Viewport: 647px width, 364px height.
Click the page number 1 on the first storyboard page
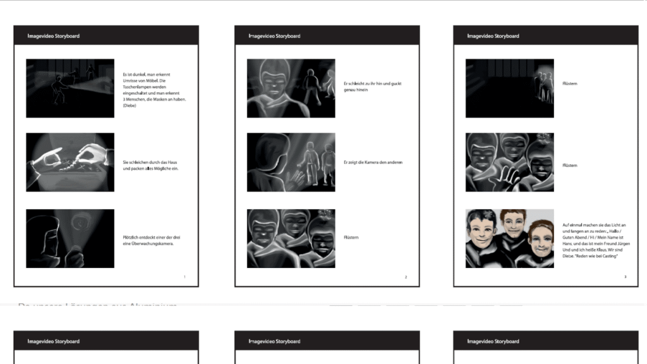point(184,277)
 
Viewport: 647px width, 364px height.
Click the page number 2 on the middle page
point(406,277)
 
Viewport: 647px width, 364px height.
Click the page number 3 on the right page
point(625,277)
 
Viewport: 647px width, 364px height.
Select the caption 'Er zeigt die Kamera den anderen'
point(373,162)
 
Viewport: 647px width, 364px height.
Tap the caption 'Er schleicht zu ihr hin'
point(373,84)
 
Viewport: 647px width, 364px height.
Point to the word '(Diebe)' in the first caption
point(130,106)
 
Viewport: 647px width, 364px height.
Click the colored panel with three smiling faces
point(509,238)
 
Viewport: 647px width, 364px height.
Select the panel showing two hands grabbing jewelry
point(70,162)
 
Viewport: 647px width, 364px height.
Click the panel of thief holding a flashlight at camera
point(70,238)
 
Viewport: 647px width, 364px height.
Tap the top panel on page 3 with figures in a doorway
point(509,88)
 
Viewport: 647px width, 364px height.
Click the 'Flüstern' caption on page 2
point(351,238)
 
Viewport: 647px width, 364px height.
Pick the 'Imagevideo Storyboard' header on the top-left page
point(54,36)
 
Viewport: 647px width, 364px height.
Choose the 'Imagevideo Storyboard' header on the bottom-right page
point(493,341)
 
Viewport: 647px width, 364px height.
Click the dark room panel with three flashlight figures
point(70,88)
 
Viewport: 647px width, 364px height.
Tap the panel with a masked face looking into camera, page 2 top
point(291,88)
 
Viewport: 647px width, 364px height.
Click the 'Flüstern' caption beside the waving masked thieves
point(569,166)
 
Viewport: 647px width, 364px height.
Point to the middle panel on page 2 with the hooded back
point(291,162)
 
